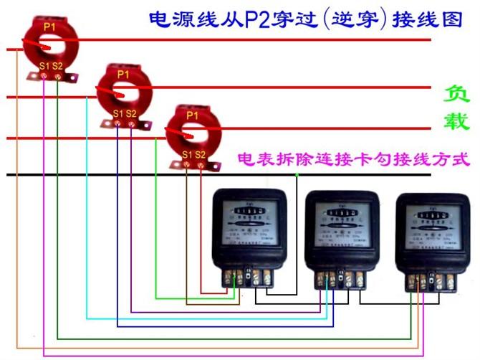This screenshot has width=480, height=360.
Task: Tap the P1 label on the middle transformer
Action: point(123,74)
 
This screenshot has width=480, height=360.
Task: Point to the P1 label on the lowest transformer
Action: point(192,115)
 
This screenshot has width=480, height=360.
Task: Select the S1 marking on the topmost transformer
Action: point(44,67)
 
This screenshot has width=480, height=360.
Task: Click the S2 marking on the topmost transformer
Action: point(57,67)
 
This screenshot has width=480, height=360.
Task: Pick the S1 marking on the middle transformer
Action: point(117,114)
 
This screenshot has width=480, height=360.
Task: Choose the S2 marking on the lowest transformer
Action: point(201,154)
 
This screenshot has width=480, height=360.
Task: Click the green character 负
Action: point(456,94)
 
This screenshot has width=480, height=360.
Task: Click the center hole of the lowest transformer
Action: point(189,134)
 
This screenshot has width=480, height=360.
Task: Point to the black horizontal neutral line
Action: point(107,175)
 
